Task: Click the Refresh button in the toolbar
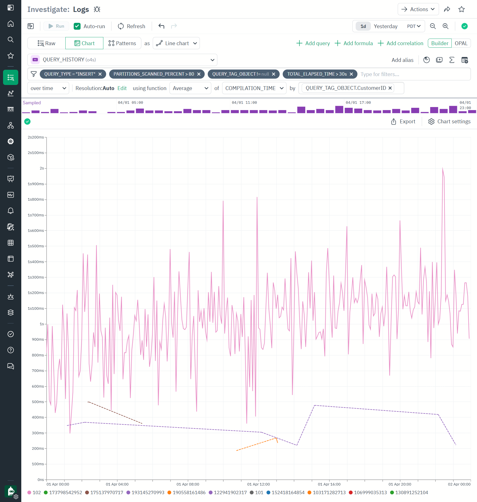(131, 26)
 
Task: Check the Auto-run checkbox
(77, 26)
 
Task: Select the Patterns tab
(122, 43)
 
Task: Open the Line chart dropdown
(176, 43)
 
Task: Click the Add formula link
(354, 43)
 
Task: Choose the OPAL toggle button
(461, 43)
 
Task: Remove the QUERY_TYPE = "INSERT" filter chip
(100, 74)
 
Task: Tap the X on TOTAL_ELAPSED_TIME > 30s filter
(351, 74)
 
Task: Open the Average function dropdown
(190, 88)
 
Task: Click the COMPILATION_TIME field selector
(254, 88)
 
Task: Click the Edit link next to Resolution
(122, 88)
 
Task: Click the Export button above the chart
(403, 122)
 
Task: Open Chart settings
(449, 122)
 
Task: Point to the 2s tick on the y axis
(42, 168)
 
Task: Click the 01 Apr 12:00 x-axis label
(258, 484)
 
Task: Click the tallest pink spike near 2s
(442, 168)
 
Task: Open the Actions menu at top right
(418, 9)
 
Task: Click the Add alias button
(402, 60)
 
